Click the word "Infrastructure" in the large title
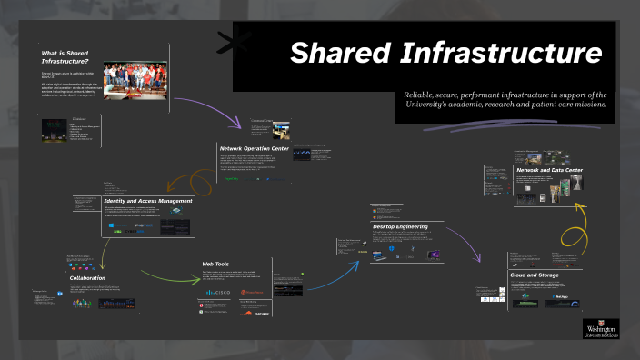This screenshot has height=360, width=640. coord(497,54)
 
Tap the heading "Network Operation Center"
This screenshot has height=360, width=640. coord(255,147)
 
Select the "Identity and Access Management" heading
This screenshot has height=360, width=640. coord(148,200)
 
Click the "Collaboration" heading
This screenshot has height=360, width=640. coord(87,278)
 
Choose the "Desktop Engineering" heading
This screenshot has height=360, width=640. coord(407,226)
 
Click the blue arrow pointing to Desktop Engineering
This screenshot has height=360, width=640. coord(335,273)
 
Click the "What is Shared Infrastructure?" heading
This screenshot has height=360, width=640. coord(65,57)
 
